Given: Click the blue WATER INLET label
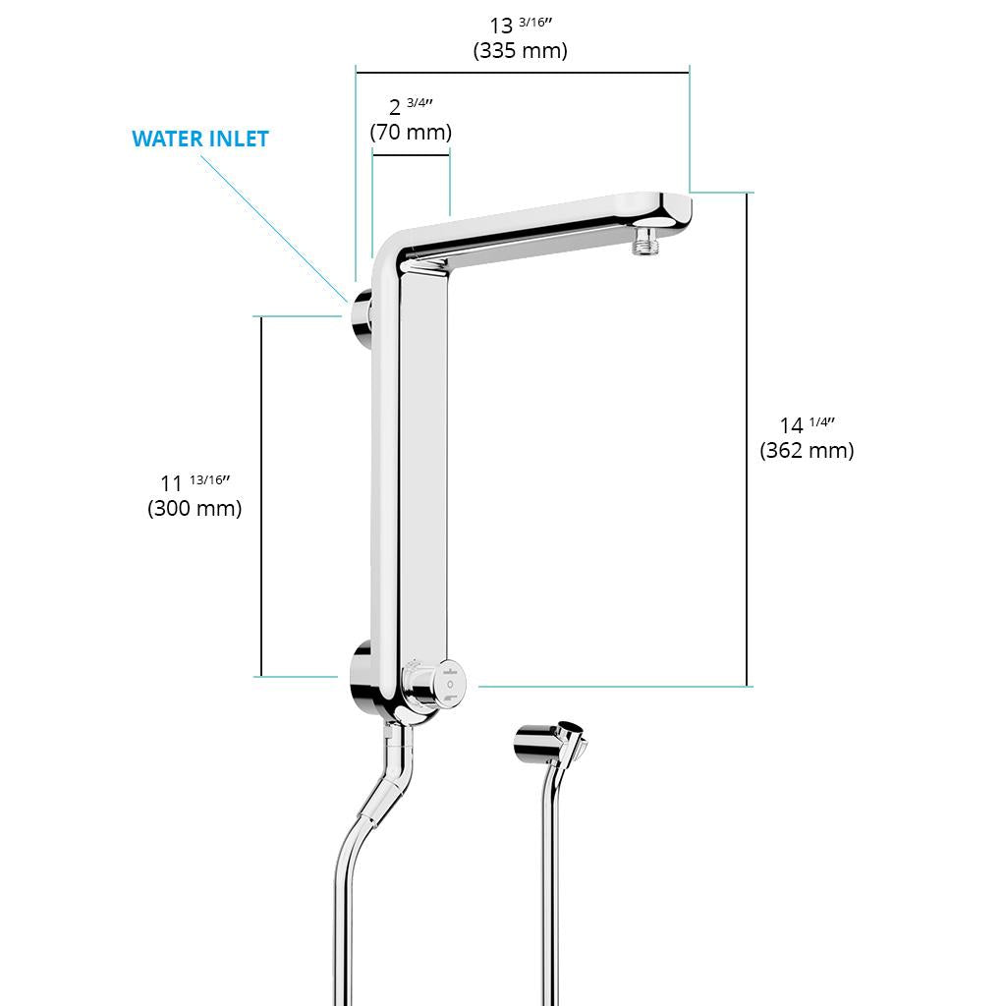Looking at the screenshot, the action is point(200,139).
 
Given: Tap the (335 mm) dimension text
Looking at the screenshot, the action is point(521,50).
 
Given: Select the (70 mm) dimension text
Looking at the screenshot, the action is point(411,132).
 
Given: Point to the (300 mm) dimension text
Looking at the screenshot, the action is point(195,508).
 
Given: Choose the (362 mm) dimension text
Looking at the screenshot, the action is point(807,450).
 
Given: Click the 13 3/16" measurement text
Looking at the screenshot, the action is point(521,25).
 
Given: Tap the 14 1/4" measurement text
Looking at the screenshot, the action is point(808,424).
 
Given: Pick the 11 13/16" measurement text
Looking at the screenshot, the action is point(196,482).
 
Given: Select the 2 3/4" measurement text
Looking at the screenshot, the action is point(411,106).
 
